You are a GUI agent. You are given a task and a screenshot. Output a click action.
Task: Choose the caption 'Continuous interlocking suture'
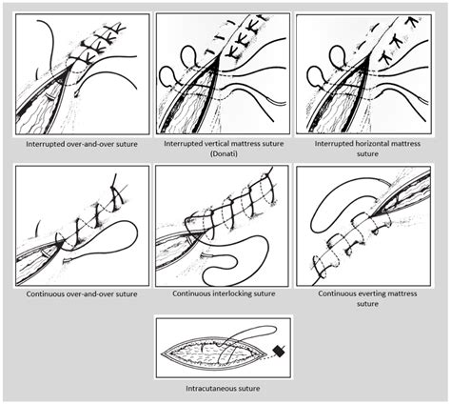[x=225, y=293]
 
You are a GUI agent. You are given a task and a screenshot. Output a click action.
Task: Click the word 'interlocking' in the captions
[x=228, y=293]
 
